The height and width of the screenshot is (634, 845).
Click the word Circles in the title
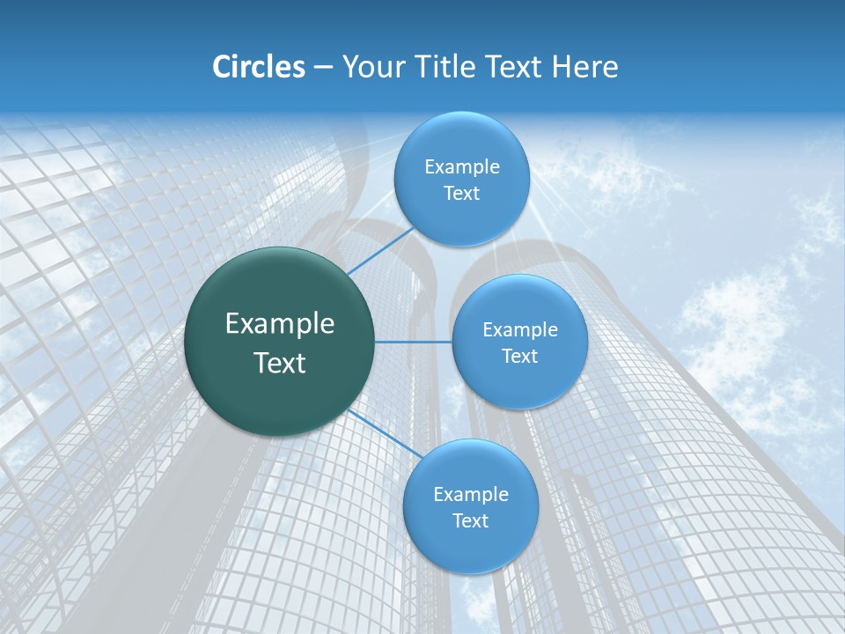[258, 67]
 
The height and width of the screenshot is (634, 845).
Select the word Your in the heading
[373, 67]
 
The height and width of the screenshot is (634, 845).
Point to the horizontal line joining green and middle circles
[414, 342]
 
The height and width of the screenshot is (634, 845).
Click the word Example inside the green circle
[279, 324]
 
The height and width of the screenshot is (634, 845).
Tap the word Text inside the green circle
[279, 363]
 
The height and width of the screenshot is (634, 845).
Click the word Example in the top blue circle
[461, 167]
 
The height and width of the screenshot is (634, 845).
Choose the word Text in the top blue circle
[461, 194]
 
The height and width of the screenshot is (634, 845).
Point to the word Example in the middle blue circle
[519, 330]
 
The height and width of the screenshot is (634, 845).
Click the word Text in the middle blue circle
[519, 357]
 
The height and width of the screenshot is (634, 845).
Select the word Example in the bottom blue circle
[470, 495]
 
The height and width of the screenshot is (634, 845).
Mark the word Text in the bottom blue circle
[470, 521]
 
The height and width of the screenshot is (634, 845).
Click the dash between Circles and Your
[323, 68]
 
